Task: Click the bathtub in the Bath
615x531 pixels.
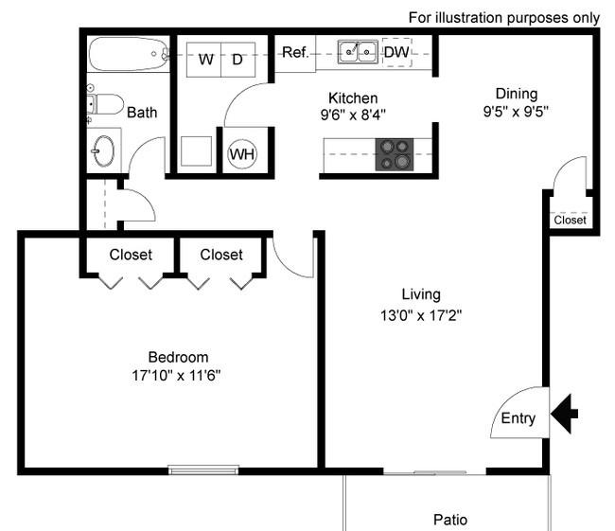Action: pyautogui.click(x=129, y=54)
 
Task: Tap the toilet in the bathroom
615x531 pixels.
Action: pyautogui.click(x=105, y=103)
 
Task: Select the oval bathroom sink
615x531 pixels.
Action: pyautogui.click(x=103, y=151)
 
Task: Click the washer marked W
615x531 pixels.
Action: pyautogui.click(x=204, y=60)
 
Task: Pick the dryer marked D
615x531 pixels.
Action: pyautogui.click(x=238, y=60)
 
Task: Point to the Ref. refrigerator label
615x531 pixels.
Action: pyautogui.click(x=295, y=52)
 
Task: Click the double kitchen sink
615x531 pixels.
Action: pyautogui.click(x=358, y=52)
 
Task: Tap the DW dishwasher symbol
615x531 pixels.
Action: pyautogui.click(x=397, y=52)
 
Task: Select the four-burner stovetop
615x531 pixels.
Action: pyautogui.click(x=395, y=154)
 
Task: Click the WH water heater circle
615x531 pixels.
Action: pyautogui.click(x=242, y=154)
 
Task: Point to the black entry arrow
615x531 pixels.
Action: pyautogui.click(x=564, y=414)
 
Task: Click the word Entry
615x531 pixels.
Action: pyautogui.click(x=518, y=418)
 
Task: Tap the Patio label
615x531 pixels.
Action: pyautogui.click(x=450, y=520)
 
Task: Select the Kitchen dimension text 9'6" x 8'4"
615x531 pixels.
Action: pyautogui.click(x=353, y=115)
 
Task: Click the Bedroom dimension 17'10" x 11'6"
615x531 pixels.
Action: pyautogui.click(x=176, y=376)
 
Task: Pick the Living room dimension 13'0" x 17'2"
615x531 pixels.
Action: pyautogui.click(x=421, y=315)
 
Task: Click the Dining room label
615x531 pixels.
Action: pyautogui.click(x=517, y=94)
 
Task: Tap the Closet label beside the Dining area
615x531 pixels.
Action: pyautogui.click(x=570, y=220)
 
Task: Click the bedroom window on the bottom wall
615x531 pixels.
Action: pyautogui.click(x=203, y=469)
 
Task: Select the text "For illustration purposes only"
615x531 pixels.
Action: pyautogui.click(x=504, y=18)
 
